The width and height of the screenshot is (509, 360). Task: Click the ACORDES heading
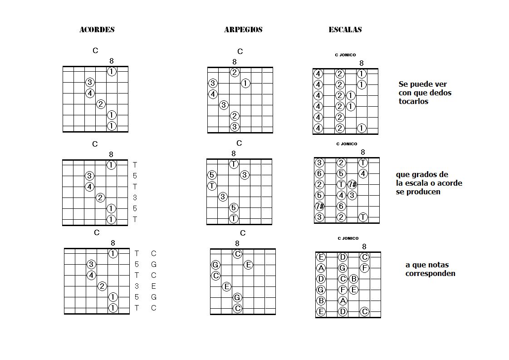[97, 30]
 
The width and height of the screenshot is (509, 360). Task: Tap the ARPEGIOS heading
[243, 30]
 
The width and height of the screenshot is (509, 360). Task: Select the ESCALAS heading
[345, 30]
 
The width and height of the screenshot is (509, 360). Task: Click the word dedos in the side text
[441, 93]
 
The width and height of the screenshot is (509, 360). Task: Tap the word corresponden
[430, 273]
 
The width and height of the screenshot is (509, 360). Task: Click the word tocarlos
[413, 101]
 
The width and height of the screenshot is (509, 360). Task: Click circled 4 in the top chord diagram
[90, 93]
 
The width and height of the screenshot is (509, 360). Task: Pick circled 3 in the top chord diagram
[90, 82]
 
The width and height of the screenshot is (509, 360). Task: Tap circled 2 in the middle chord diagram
[101, 197]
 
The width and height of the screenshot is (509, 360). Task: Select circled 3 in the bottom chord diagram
[91, 264]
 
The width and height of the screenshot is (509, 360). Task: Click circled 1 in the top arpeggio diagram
[245, 83]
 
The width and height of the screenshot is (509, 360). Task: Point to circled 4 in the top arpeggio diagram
[213, 94]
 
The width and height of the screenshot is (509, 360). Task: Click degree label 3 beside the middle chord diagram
[135, 197]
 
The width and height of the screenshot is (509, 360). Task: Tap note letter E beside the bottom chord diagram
[154, 286]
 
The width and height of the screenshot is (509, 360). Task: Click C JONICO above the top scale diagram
[345, 55]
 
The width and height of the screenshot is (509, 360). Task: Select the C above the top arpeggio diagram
[240, 51]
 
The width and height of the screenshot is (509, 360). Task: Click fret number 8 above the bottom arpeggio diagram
[237, 244]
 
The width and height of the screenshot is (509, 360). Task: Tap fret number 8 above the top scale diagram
[362, 63]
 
